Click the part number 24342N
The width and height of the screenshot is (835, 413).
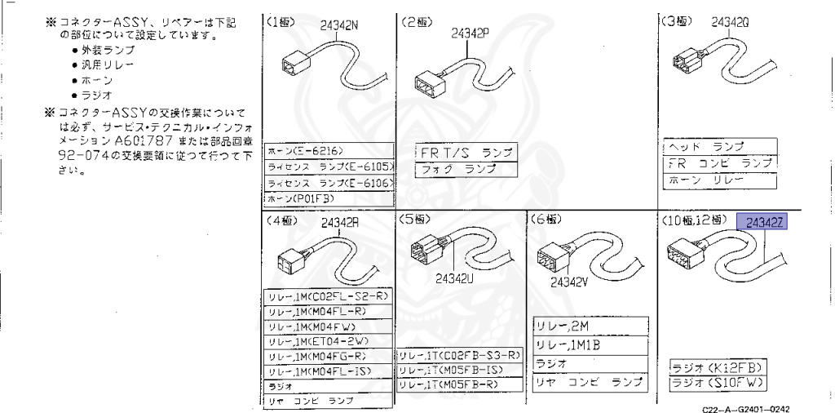point(341,26)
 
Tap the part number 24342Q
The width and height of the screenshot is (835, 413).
point(731,22)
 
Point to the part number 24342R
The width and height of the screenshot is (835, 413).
point(340,222)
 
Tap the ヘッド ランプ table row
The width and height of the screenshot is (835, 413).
point(717,146)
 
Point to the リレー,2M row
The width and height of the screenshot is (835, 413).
point(592,326)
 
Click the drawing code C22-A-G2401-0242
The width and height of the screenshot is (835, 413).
point(744,406)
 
